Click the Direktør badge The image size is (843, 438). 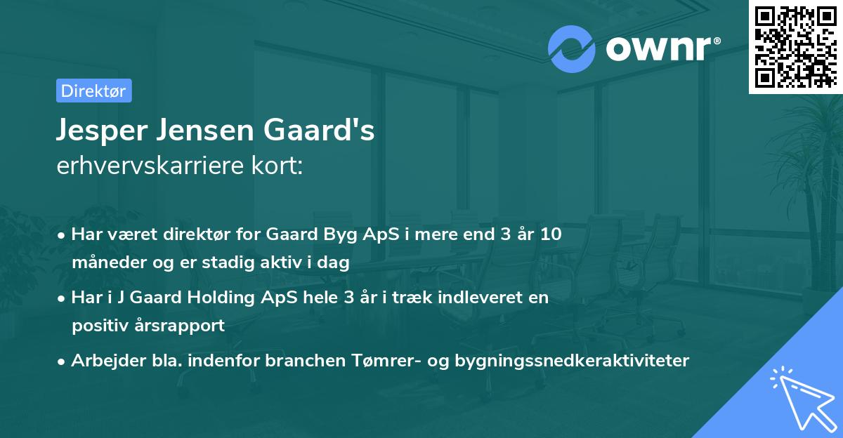coord(93,91)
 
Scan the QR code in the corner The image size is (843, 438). coord(795,46)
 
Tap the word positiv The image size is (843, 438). coord(97,326)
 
